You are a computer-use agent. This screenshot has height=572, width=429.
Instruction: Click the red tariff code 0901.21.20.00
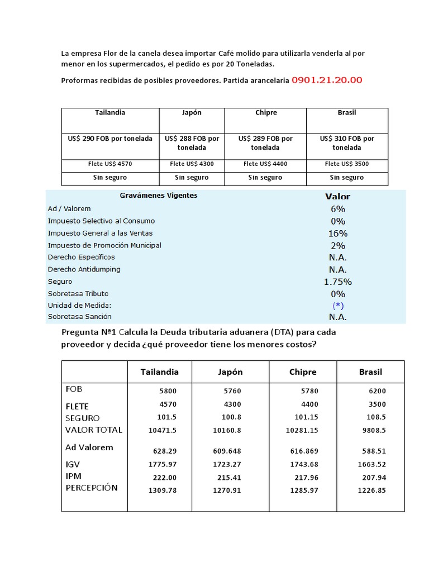point(327,80)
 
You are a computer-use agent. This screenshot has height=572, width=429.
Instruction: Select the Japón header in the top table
point(192,112)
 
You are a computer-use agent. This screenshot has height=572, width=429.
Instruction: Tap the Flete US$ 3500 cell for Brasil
point(346,164)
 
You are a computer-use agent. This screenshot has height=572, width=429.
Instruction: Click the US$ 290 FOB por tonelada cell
point(110,139)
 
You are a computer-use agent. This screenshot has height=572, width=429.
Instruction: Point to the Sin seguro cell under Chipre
point(265,178)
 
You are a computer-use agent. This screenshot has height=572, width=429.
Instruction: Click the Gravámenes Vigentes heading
point(159,196)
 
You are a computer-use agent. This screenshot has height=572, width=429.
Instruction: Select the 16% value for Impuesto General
point(338,233)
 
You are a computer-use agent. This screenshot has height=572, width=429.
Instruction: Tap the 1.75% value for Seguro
point(338,282)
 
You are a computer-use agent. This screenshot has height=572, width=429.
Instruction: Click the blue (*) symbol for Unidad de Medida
point(338,306)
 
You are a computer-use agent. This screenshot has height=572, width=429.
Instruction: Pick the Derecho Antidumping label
point(84,269)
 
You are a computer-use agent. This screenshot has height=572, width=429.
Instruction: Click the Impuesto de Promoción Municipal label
point(104,245)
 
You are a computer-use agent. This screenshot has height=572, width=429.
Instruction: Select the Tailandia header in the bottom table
point(160,372)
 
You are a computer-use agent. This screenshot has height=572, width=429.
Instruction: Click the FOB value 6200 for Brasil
point(377,392)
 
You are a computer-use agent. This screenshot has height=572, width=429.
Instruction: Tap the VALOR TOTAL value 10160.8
point(227,430)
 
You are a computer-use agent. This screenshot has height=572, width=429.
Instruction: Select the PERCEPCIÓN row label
point(92,488)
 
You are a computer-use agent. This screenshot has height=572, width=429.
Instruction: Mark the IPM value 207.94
point(374,478)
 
